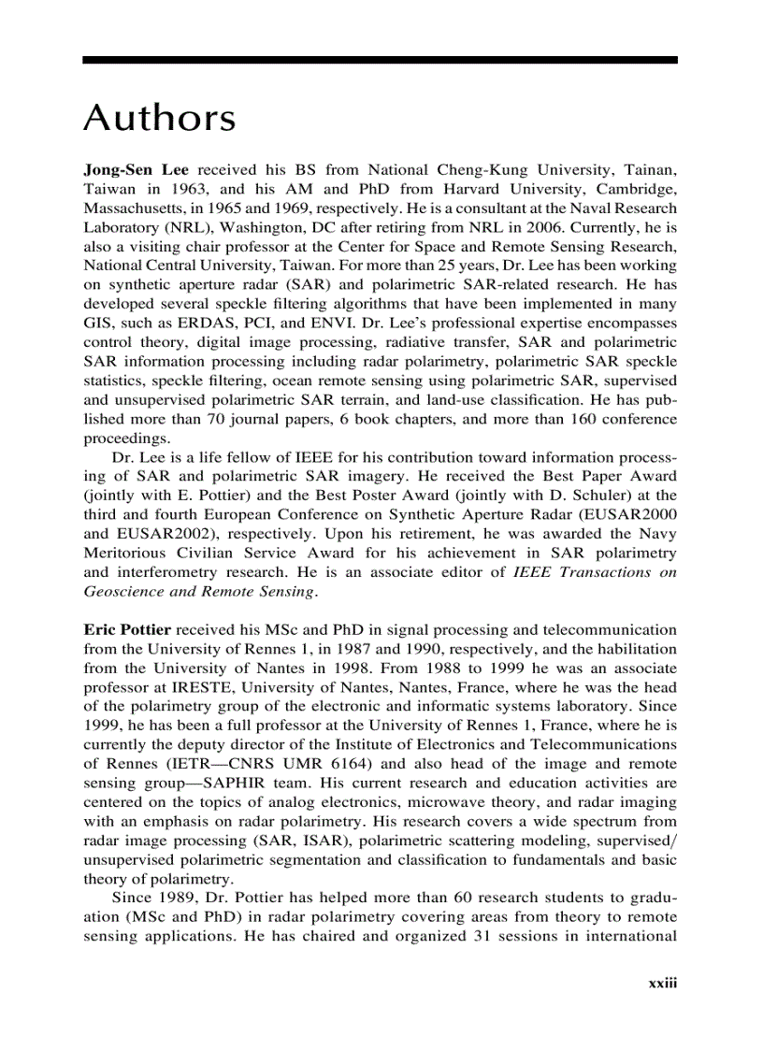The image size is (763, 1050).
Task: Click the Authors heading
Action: click(160, 119)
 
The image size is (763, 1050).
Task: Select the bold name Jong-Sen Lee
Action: click(136, 169)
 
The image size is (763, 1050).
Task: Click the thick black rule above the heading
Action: click(380, 60)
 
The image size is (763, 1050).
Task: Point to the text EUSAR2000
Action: click(631, 514)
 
